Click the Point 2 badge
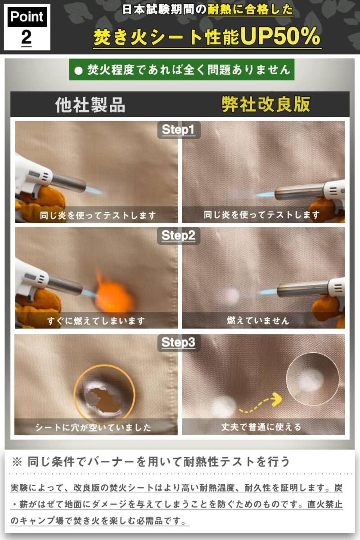(x=27, y=27)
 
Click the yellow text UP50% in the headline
(x=280, y=36)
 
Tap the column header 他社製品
(x=90, y=105)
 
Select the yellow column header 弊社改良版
(x=265, y=104)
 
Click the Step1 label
(x=179, y=130)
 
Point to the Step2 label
(x=179, y=235)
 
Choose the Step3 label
(x=179, y=343)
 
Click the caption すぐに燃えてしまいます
(x=96, y=321)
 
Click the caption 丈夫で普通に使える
(x=261, y=427)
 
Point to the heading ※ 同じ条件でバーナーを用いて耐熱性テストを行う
(x=151, y=462)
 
